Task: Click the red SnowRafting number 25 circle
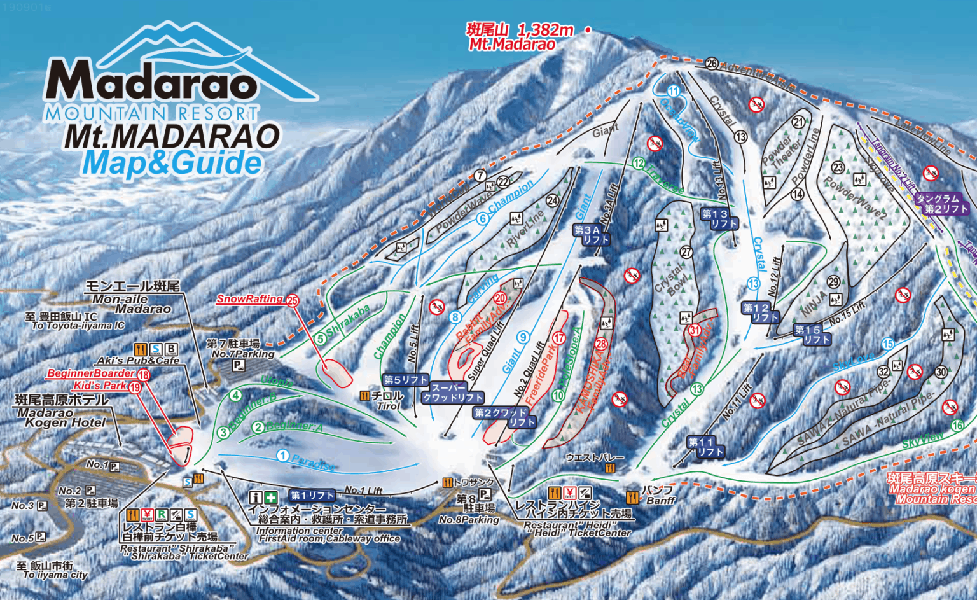[293, 301]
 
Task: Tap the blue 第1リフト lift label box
[312, 495]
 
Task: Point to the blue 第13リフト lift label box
[719, 219]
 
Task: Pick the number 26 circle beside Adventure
[712, 64]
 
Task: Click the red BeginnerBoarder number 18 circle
[143, 375]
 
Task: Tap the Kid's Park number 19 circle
[135, 387]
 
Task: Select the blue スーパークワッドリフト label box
[453, 393]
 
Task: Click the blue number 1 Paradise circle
[282, 456]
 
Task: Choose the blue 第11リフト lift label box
[706, 447]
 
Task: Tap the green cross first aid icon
[272, 497]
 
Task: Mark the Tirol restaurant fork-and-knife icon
[365, 396]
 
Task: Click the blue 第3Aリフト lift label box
[592, 235]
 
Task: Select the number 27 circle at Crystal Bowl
[686, 252]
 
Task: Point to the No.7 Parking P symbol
[239, 365]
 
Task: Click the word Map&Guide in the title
[172, 163]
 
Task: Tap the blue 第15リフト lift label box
[812, 335]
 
